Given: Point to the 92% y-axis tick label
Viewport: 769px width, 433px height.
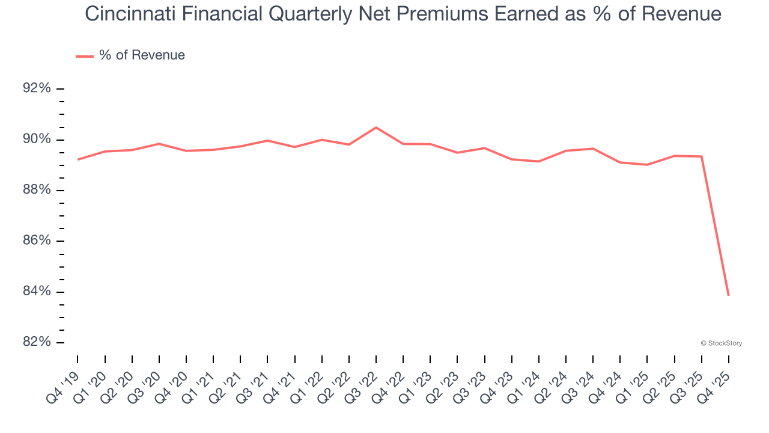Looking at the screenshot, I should pos(36,88).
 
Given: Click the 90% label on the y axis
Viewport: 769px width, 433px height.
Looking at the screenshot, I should pos(36,140).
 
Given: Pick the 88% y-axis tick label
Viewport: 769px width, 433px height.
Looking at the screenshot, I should pos(36,190).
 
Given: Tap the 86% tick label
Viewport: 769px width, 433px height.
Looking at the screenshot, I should pos(36,241).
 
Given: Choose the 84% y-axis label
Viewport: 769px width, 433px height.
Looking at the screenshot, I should pos(36,292).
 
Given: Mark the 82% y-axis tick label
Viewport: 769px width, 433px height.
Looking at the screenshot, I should pos(36,342).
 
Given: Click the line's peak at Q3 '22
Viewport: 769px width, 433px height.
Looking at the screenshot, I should pos(376,127).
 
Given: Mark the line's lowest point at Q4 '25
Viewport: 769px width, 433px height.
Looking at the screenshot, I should pos(728,295).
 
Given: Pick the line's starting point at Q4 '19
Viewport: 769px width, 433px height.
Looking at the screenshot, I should pos(78,159).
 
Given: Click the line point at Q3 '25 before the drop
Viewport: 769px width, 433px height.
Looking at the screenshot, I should pos(701,156).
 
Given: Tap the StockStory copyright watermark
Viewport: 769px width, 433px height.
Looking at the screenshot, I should pos(722,343).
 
